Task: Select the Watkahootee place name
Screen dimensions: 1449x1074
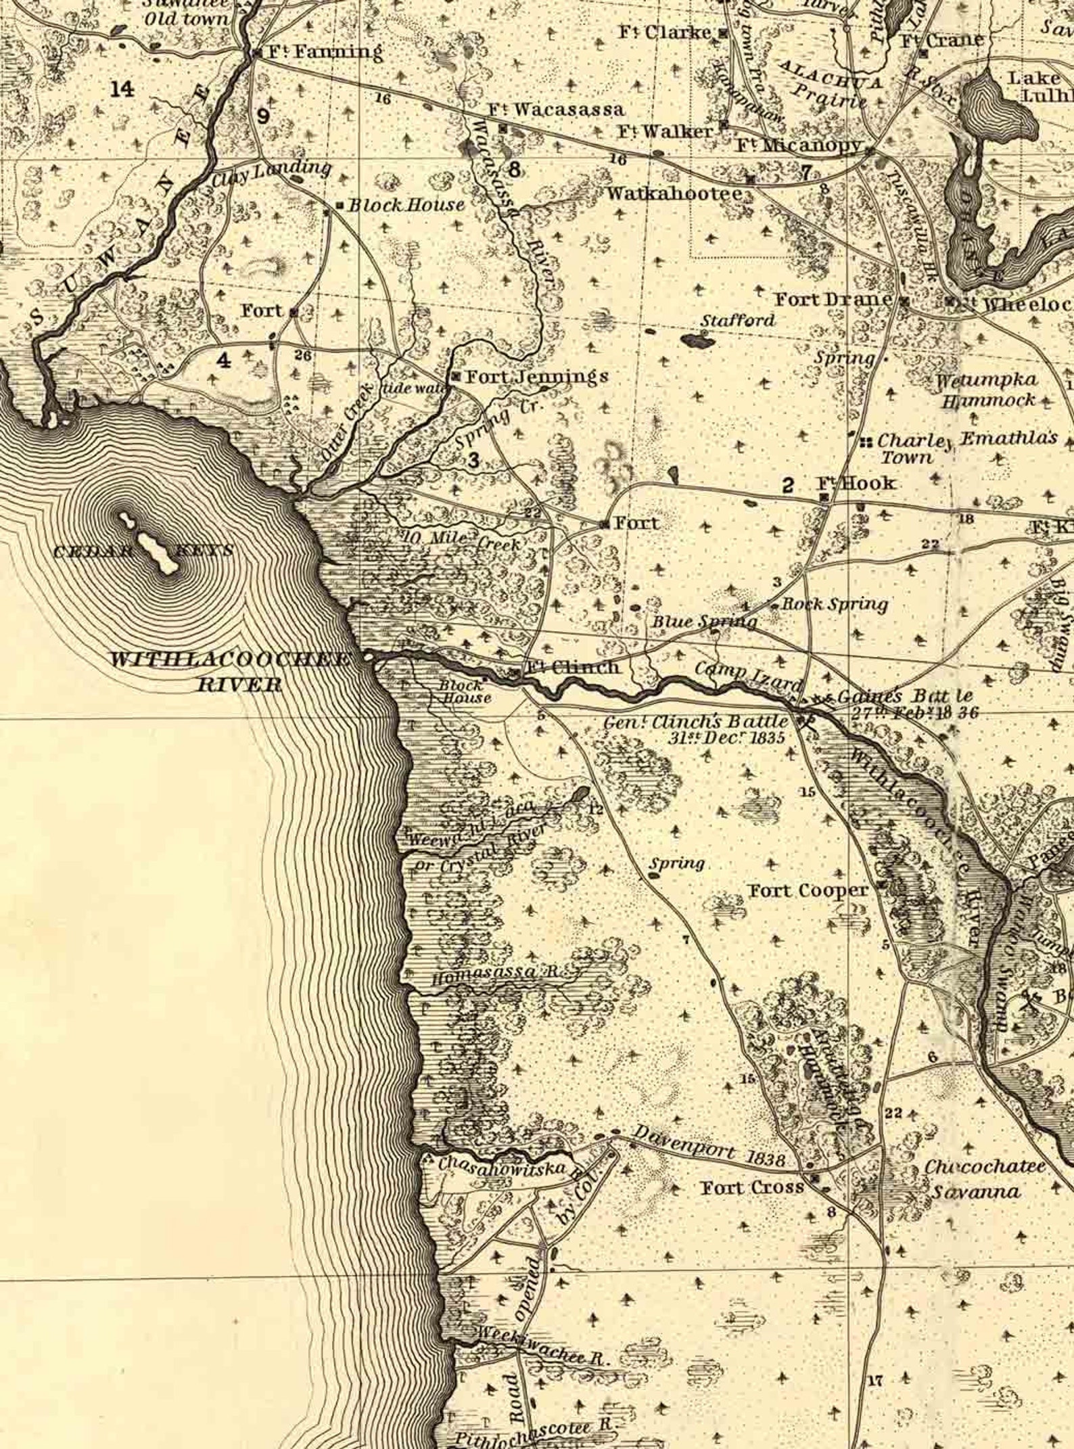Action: [674, 193]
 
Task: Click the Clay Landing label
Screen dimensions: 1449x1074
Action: [271, 174]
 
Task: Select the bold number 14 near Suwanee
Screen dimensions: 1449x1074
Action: [122, 88]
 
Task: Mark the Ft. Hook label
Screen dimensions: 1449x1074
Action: [856, 483]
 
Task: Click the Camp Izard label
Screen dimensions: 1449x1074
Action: [748, 673]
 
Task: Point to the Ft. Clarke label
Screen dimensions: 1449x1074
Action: [667, 32]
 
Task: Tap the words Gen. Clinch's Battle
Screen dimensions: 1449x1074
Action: [696, 722]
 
